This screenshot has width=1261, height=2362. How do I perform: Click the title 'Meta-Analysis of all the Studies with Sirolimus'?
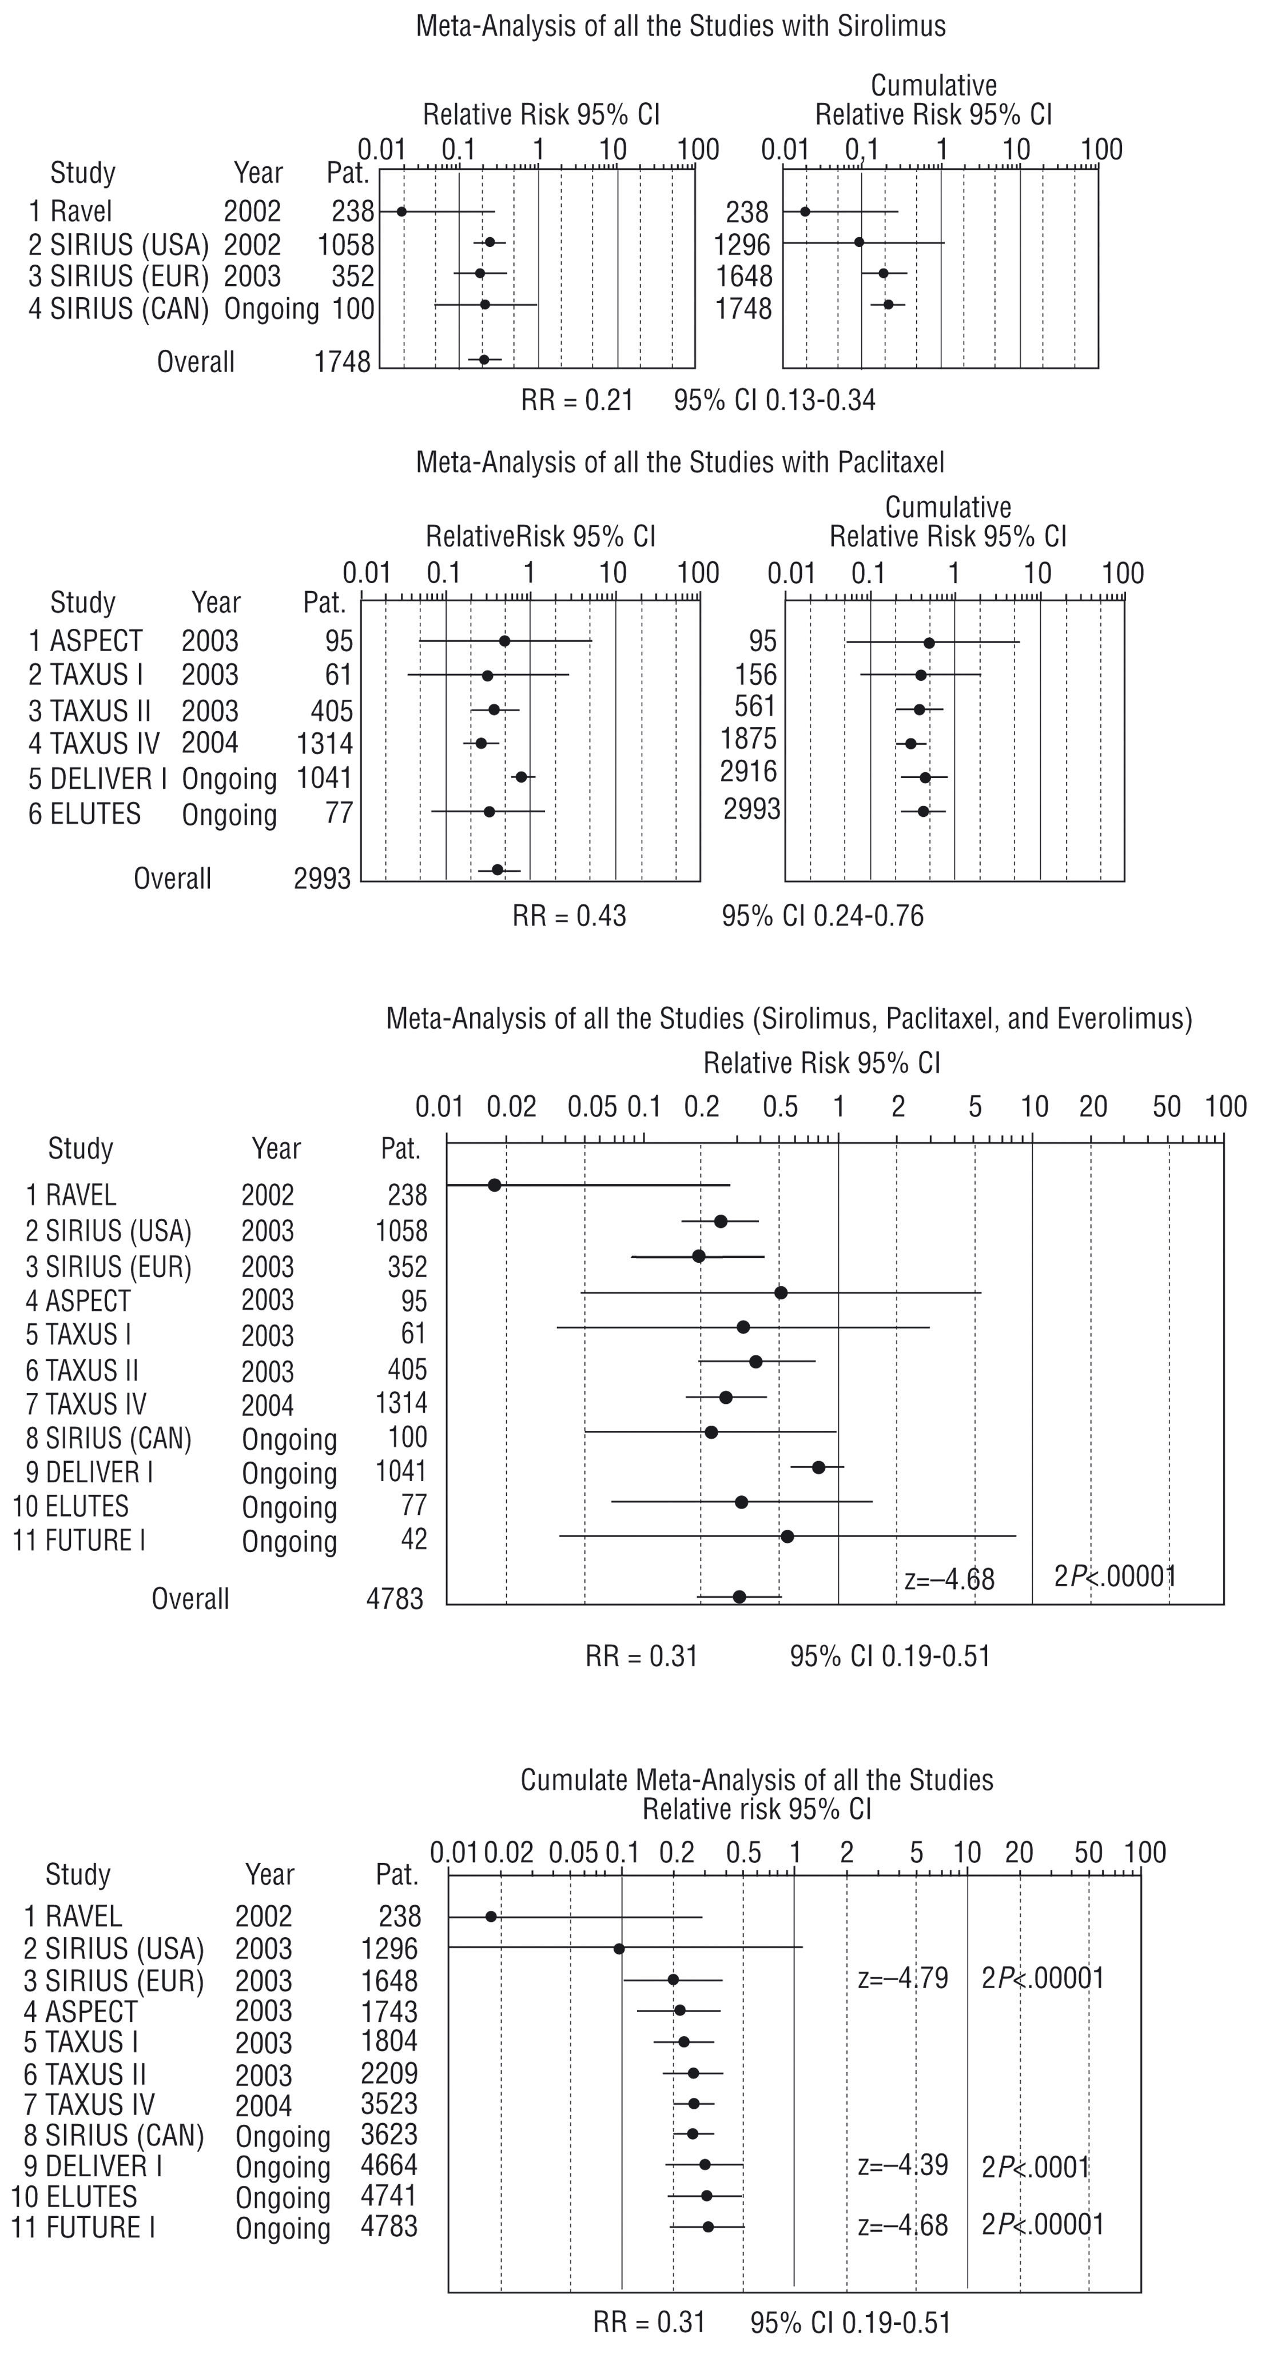coord(681,26)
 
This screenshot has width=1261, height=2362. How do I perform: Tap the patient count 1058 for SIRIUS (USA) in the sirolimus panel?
coord(346,245)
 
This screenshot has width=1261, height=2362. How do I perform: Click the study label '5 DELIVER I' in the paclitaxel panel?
coord(97,779)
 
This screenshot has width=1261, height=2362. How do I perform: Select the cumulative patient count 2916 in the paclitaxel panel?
coord(749,772)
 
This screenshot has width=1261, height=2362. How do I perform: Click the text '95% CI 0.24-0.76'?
coord(822,916)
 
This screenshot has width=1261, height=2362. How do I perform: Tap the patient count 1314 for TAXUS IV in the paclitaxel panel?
coord(325,744)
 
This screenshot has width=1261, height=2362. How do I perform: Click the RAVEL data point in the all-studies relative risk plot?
coord(494,1186)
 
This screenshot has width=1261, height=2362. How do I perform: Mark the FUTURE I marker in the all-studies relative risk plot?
coord(787,1536)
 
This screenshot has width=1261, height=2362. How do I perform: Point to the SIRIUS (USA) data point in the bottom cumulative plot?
coord(619,1949)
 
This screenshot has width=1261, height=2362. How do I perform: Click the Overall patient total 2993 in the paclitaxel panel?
coord(322,879)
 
